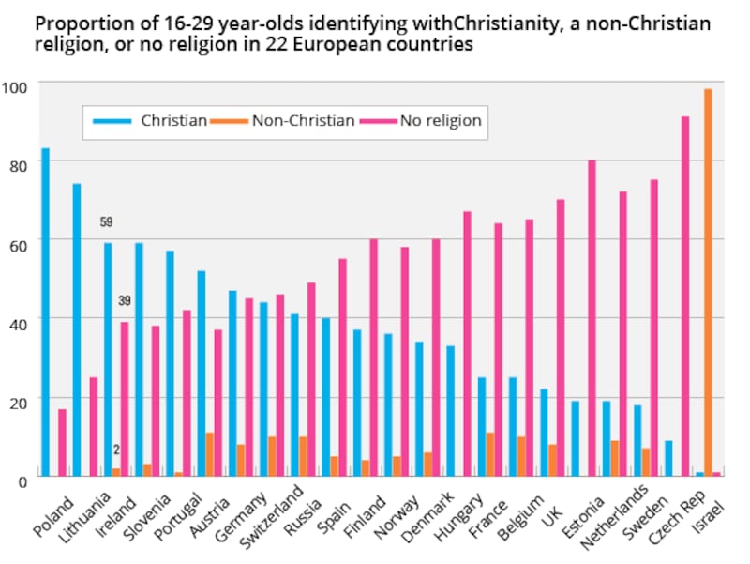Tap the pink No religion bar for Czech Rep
(x=685, y=296)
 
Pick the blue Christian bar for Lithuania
(x=77, y=329)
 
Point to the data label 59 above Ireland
(x=107, y=222)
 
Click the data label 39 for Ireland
(x=124, y=301)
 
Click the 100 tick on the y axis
(x=14, y=87)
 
